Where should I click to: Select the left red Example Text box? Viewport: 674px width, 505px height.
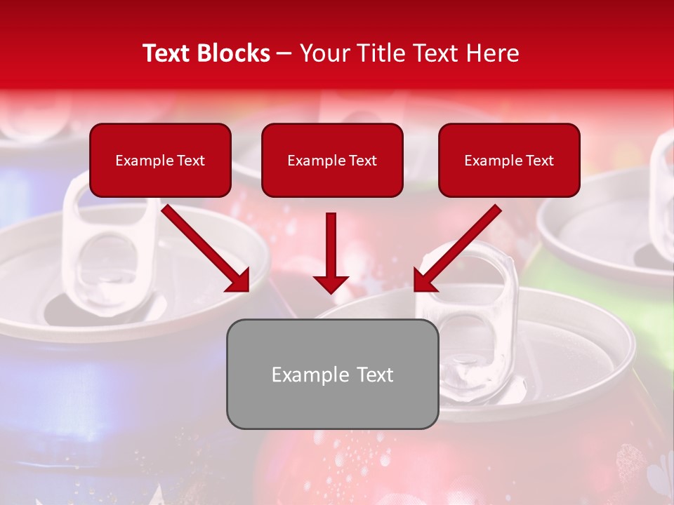pos(160,160)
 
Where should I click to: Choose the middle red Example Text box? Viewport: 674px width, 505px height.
pos(332,160)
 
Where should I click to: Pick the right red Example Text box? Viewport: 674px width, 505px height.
pos(509,160)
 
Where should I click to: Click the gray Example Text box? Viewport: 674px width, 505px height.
pos(332,374)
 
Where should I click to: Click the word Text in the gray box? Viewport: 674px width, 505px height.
pos(373,375)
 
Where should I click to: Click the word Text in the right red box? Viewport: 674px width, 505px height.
pos(538,161)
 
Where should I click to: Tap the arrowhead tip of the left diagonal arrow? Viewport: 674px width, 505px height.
pos(247,290)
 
